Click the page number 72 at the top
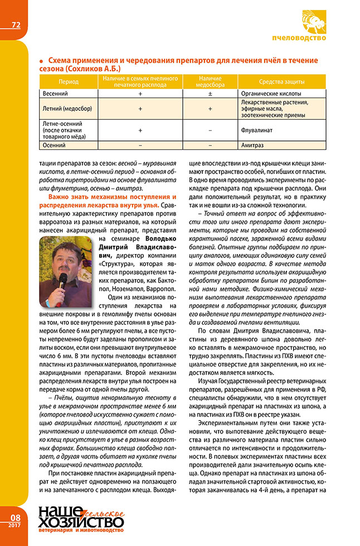click(16, 25)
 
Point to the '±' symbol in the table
click(210, 94)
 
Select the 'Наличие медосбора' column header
click(210, 81)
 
